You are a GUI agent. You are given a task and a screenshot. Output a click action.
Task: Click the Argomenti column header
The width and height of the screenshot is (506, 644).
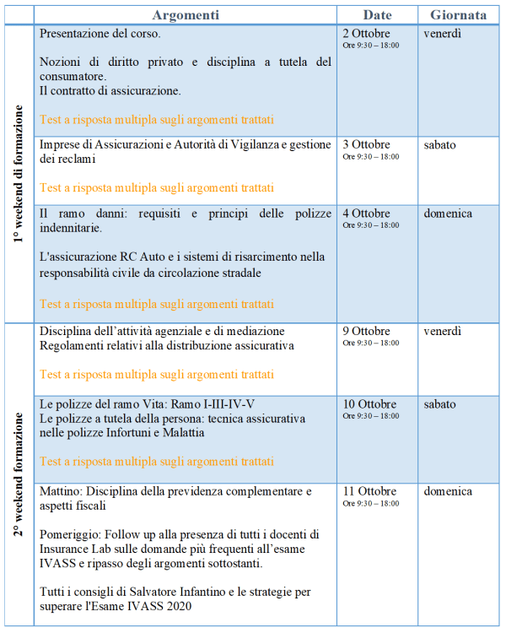coord(186,15)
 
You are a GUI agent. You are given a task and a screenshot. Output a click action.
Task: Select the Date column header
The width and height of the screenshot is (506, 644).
coord(377,15)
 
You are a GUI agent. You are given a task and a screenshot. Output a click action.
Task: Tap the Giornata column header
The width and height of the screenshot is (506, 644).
coord(458,15)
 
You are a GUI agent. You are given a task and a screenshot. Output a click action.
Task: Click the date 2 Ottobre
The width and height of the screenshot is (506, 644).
coord(366,34)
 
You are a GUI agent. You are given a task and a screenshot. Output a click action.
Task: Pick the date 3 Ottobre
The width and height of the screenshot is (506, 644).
coord(366,144)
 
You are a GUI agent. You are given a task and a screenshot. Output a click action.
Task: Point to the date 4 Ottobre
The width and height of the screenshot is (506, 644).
coord(366,214)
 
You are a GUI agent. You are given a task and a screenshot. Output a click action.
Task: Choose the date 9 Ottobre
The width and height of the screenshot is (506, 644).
coord(366,331)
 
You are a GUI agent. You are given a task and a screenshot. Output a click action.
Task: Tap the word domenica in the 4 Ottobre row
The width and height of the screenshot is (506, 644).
coord(448,214)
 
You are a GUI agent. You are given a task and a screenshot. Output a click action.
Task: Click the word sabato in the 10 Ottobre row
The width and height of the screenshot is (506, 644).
coord(439,404)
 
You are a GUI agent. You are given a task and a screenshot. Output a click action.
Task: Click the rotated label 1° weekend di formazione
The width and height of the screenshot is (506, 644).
coord(19,174)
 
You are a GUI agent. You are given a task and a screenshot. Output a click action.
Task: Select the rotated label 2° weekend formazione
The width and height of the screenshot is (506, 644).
coord(19,474)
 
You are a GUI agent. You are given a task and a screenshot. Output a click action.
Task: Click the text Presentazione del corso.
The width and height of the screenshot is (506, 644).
coord(100,35)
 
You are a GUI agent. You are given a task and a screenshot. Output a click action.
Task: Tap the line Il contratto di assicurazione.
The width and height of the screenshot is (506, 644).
coord(110,90)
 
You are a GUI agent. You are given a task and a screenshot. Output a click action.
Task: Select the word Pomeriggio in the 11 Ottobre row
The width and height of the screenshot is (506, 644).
coord(73,534)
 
